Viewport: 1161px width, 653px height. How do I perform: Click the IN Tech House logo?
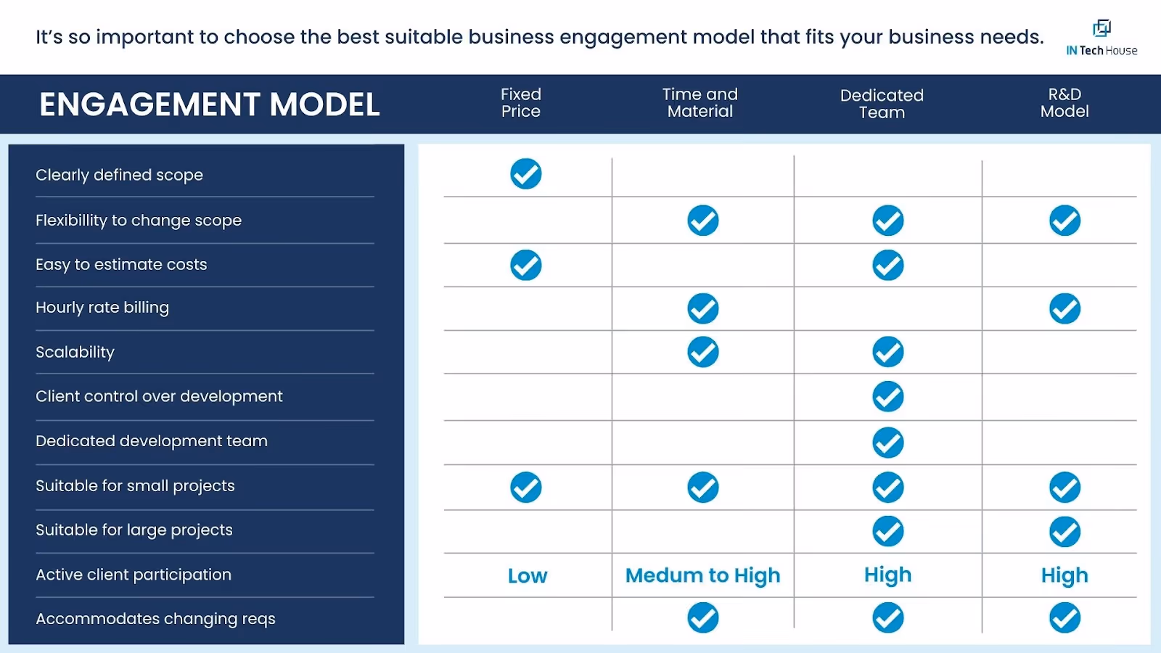click(x=1101, y=38)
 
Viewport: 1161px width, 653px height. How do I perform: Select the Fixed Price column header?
click(x=521, y=103)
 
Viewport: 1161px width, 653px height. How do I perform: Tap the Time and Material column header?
click(x=700, y=103)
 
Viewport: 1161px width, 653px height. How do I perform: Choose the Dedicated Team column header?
click(x=882, y=104)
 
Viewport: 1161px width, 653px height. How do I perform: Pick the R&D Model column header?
click(x=1064, y=103)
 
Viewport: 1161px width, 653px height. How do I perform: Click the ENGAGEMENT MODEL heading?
click(x=209, y=104)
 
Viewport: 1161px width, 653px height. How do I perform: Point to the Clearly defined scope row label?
click(x=119, y=175)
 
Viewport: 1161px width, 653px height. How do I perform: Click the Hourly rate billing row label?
click(x=102, y=308)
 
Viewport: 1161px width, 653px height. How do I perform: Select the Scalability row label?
click(x=75, y=352)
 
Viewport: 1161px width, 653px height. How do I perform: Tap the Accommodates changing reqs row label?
click(x=155, y=619)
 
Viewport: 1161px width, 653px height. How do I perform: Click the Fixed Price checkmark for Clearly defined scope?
click(x=526, y=174)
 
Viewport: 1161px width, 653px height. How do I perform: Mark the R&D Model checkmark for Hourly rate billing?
click(x=1064, y=309)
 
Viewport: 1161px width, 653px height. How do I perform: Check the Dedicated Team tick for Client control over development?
click(x=888, y=397)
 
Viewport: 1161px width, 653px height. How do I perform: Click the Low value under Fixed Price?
click(x=528, y=576)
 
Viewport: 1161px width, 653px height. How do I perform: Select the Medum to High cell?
click(x=702, y=575)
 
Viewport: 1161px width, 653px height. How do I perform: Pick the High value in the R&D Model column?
click(x=1064, y=575)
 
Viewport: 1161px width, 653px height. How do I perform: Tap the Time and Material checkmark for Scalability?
click(x=703, y=353)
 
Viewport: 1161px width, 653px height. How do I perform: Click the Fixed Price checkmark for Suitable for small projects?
click(x=526, y=488)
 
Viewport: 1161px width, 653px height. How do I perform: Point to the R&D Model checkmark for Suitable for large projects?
click(x=1064, y=532)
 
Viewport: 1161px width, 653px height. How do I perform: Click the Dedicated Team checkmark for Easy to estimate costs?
click(x=888, y=266)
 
